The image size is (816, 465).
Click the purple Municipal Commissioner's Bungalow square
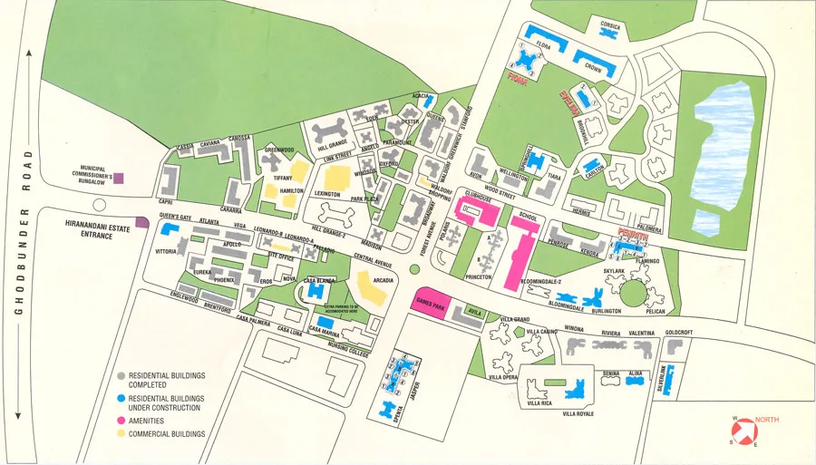(117, 180)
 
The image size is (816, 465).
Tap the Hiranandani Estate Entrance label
(89, 229)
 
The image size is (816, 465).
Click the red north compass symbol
(743, 429)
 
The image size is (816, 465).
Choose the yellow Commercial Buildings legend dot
(121, 434)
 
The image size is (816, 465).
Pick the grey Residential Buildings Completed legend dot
(121, 375)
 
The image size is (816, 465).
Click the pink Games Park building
(430, 303)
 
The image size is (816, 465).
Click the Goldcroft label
(678, 333)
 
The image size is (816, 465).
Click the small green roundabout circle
(414, 269)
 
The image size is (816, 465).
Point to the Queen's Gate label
(176, 216)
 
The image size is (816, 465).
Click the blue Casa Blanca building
(318, 292)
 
